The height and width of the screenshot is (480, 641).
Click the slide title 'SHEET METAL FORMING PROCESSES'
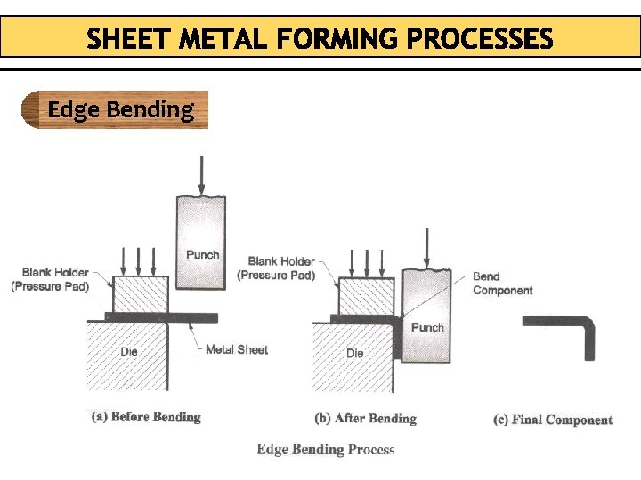[320, 39]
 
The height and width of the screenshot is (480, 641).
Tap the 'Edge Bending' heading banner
[119, 110]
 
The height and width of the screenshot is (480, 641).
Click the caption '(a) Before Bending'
[146, 416]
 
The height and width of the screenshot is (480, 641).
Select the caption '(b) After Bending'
[365, 418]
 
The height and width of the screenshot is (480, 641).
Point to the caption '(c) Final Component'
[552, 420]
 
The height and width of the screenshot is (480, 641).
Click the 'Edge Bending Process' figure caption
[326, 449]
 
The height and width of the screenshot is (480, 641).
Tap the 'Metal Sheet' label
[237, 349]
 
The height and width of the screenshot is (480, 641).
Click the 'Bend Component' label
[502, 284]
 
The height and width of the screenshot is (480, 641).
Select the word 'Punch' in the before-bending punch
[203, 255]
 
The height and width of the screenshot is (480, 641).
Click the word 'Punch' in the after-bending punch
[427, 327]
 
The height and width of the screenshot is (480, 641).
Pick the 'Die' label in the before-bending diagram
[129, 352]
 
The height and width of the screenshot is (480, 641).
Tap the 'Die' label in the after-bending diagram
[355, 353]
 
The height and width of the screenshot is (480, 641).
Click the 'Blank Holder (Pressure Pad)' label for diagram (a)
[50, 279]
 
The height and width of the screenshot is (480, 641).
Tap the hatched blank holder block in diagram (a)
[138, 292]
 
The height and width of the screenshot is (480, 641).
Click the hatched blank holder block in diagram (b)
[365, 292]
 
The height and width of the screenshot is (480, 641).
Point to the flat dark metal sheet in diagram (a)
[160, 316]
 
